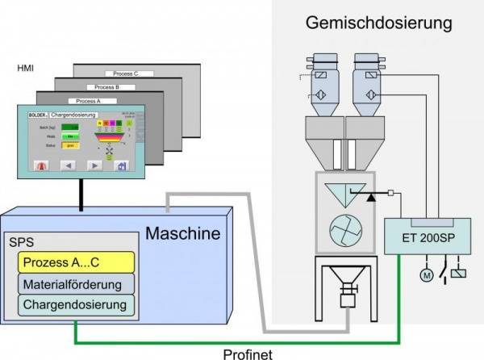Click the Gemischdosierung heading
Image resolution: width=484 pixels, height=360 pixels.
[378, 23]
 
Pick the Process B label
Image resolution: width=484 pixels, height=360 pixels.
[106, 87]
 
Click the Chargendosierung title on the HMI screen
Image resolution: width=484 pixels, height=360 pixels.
[75, 115]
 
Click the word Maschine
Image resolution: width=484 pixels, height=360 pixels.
[182, 235]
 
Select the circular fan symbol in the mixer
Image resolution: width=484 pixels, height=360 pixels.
[343, 232]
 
